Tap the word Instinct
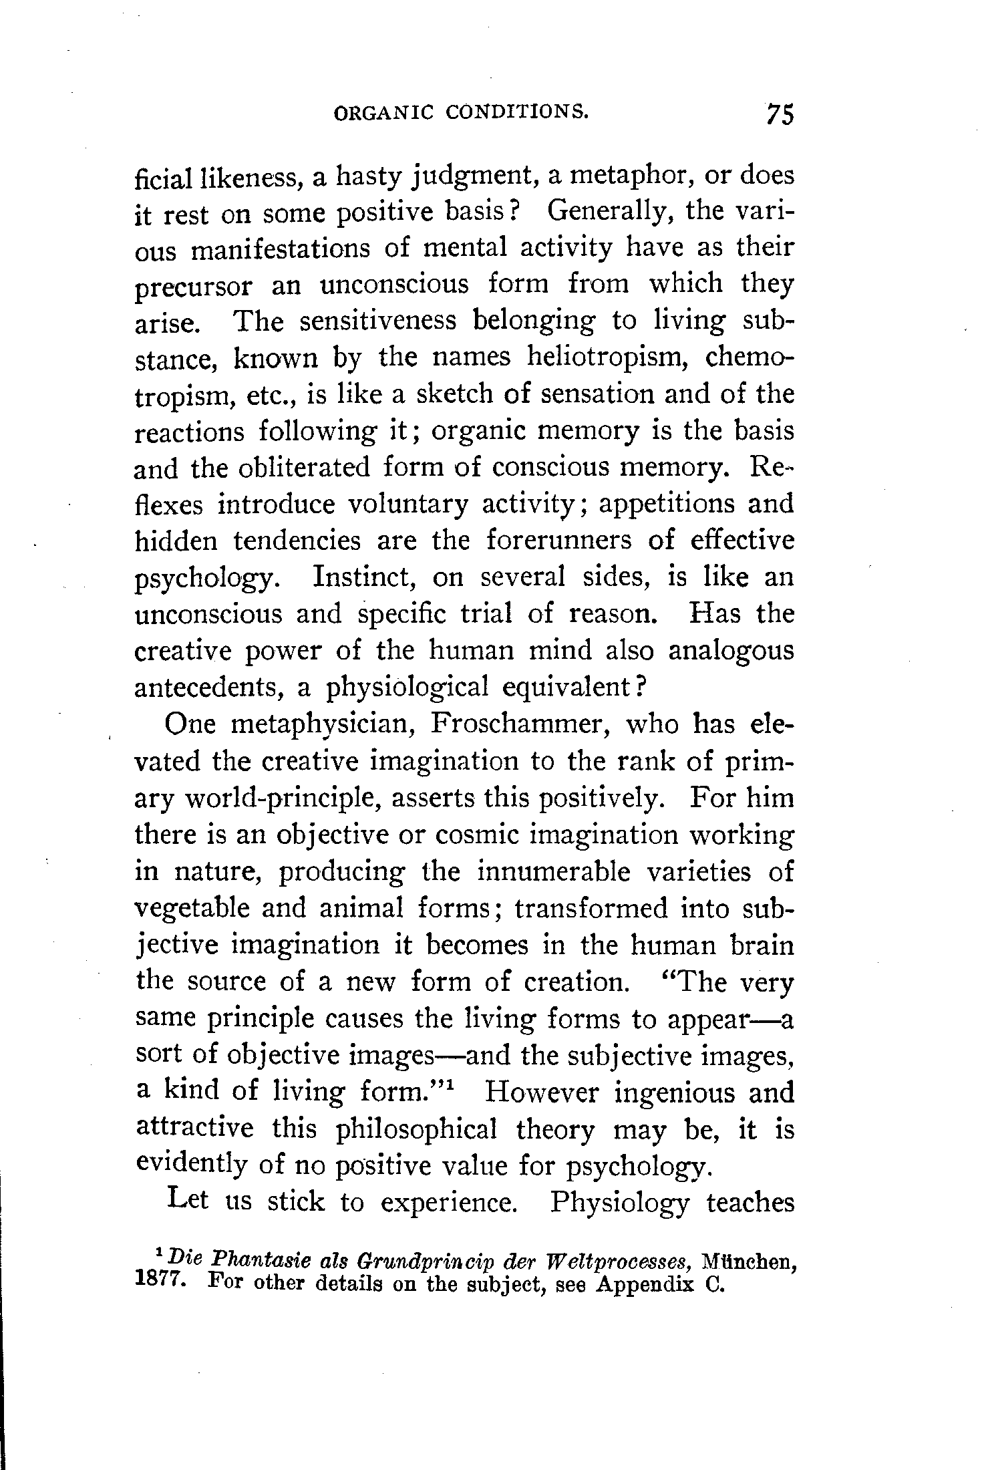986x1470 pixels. [x=365, y=576]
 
